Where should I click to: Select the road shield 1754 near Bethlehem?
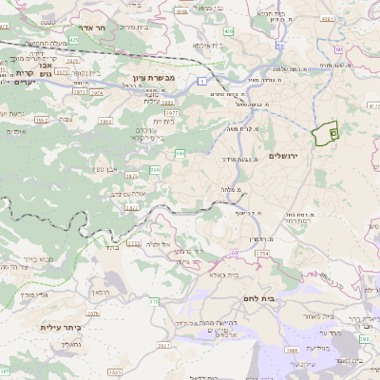263,255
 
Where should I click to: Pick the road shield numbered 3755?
133,243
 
